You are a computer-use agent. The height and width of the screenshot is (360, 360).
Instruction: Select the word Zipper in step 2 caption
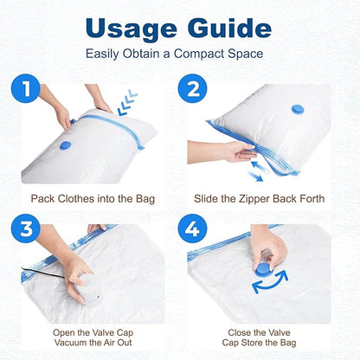pos(257,198)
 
